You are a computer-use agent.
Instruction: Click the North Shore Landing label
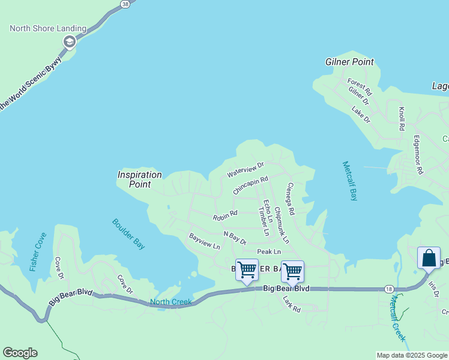pos(48,29)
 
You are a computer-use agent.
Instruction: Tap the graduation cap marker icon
pos(69,42)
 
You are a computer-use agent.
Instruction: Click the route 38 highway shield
pos(125,4)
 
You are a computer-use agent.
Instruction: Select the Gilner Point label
pos(349,62)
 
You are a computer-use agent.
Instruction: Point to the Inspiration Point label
pos(140,179)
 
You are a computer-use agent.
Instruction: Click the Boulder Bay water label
pos(128,233)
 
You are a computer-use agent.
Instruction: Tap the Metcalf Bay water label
pos(350,181)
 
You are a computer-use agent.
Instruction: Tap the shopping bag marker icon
pos(429,258)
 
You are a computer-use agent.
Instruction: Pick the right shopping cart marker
pos(292,271)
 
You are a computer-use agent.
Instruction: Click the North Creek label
pos(170,302)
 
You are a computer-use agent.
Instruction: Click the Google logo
pos(20,353)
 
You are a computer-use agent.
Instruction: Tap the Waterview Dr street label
pos(245,169)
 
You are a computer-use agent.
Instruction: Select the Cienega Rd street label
pos(291,199)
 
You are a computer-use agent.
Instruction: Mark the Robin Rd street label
pos(225,214)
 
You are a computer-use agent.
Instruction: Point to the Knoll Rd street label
pos(401,119)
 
